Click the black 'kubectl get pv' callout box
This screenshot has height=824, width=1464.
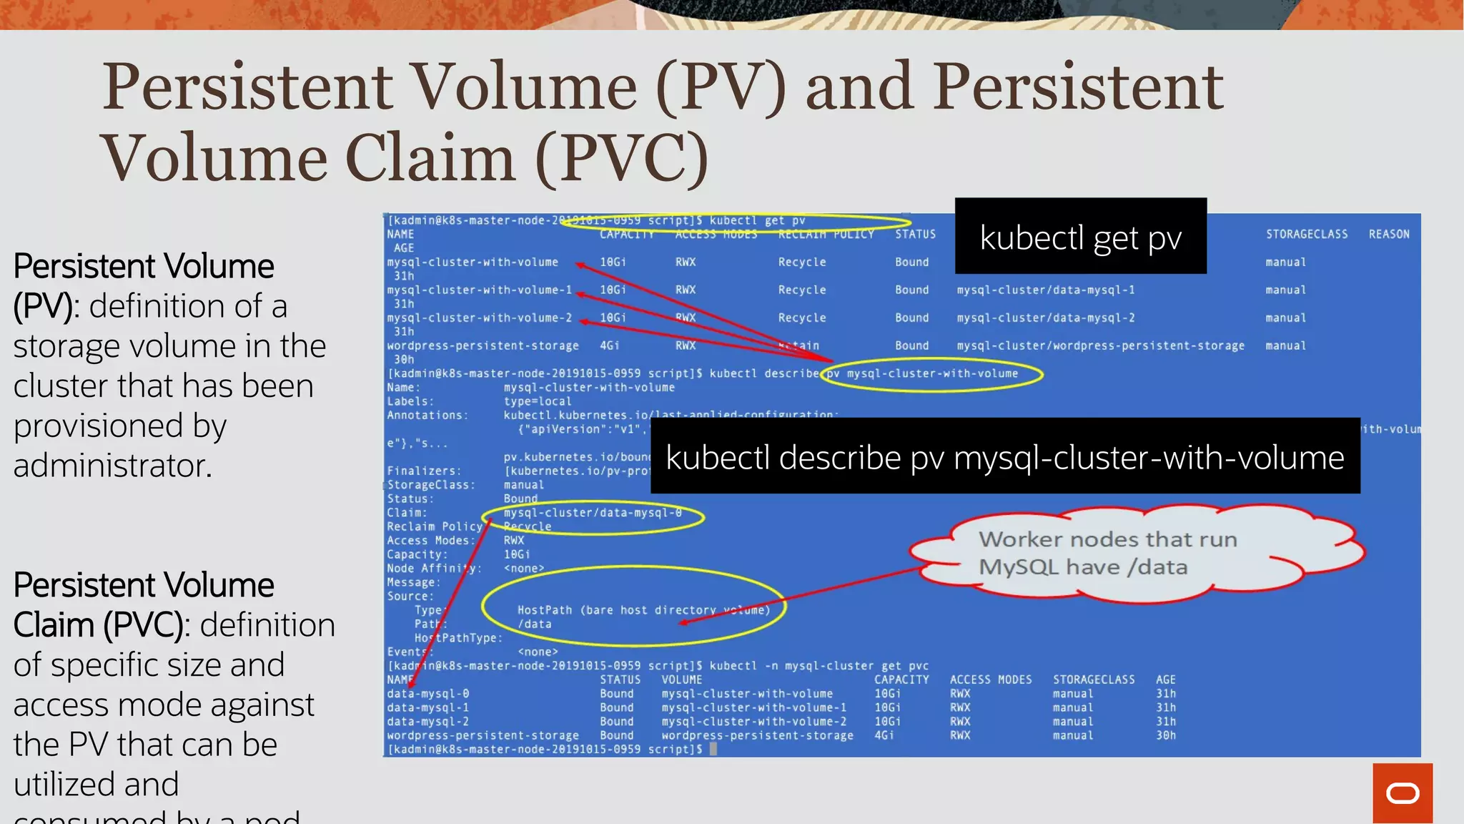1080,236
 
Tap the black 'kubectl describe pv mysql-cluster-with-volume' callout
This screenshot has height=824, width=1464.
1004,456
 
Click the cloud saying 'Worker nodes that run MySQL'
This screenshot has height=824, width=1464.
1137,553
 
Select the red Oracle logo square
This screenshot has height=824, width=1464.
1402,793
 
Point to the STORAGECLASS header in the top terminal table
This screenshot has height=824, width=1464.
1306,234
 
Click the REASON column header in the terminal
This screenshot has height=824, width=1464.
1388,234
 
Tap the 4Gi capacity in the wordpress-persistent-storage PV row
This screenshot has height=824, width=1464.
609,345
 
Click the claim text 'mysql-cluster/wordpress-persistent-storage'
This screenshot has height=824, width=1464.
1100,345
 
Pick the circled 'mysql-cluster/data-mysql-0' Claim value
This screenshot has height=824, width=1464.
593,513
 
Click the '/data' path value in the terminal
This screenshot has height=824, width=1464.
535,624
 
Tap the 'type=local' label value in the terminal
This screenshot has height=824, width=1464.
537,401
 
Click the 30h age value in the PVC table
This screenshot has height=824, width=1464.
1165,735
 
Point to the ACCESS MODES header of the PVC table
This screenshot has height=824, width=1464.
990,680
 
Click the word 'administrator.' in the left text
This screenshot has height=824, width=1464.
113,466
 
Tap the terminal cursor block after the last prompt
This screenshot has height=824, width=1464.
713,749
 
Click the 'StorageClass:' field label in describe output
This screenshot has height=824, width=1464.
430,485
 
